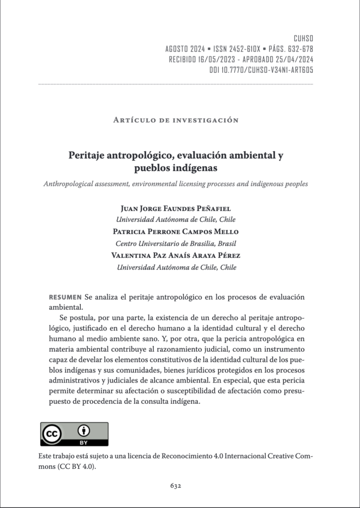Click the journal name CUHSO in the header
pos(303,38)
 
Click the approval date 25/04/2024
pos(292,60)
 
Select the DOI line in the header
pos(261,70)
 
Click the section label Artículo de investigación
pos(176,120)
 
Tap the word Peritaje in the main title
pos(89,155)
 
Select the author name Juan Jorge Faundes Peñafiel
pos(176,208)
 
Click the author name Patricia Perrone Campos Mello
pos(176,232)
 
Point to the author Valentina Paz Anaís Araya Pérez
pos(176,255)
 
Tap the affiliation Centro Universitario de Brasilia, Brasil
pos(176,244)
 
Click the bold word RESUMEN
pos(65,297)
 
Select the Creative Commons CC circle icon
pos(51,434)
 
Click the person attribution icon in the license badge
pos(84,430)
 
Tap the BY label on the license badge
pos(84,442)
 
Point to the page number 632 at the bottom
pos(176,486)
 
